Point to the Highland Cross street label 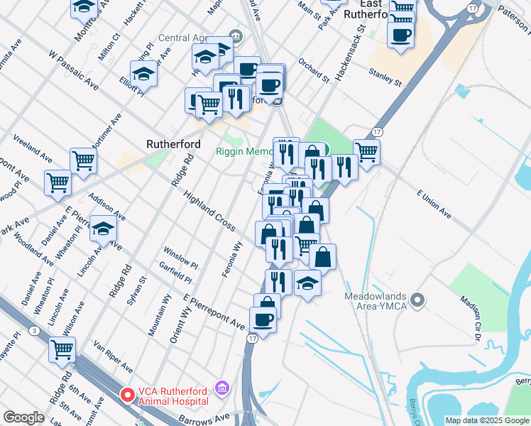209,211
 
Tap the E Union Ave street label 434,203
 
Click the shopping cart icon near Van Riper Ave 62,349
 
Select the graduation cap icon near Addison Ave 104,229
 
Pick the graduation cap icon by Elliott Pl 143,73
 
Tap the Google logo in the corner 23,417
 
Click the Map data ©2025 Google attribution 487,420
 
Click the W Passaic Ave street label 73,69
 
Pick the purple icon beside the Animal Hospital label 222,388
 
